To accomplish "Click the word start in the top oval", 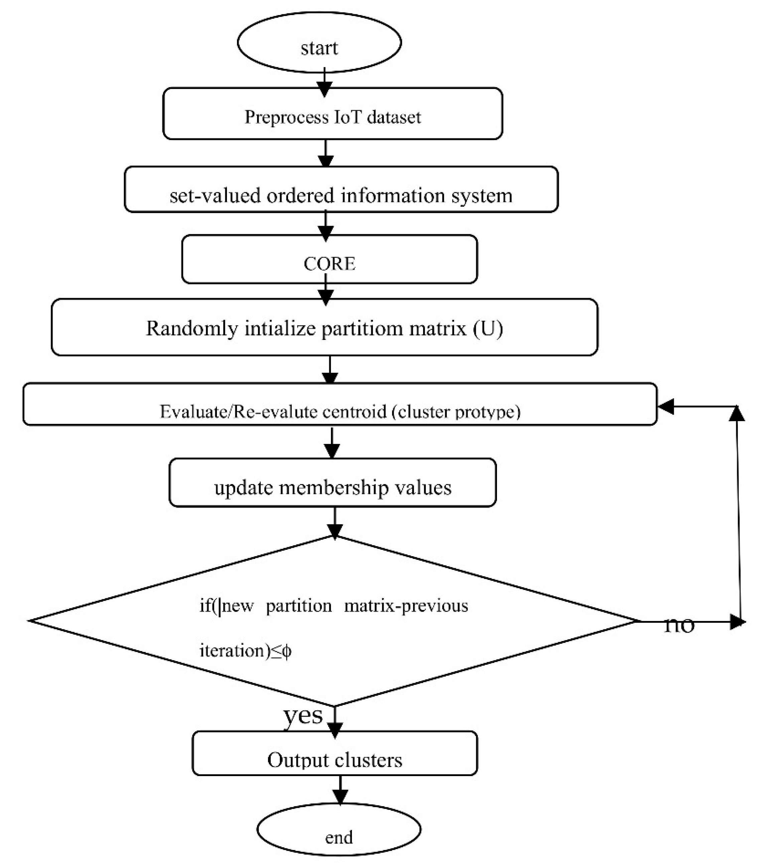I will tap(319, 48).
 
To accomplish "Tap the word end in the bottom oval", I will tap(339, 837).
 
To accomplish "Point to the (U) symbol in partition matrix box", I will tap(488, 328).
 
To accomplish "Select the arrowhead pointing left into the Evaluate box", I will tap(666, 406).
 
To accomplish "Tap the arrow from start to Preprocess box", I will tap(324, 82).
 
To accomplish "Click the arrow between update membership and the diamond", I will tap(335, 523).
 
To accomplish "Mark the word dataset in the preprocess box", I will tap(394, 117).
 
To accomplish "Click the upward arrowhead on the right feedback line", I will tap(737, 414).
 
